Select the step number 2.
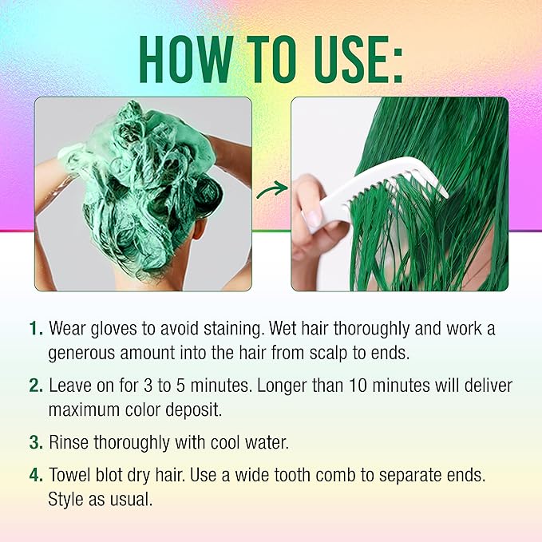coord(34,386)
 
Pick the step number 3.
coord(34,442)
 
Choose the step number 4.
coord(34,477)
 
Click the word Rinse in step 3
coord(69,442)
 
